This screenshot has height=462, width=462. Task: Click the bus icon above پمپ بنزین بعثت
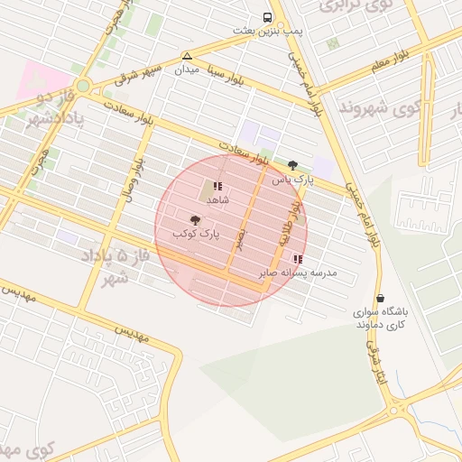[268, 17]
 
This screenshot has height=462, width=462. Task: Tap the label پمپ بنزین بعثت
[268, 31]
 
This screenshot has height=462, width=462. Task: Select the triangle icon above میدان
[187, 55]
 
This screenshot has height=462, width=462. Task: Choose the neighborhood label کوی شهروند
[381, 108]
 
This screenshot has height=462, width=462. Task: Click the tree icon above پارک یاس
[291, 165]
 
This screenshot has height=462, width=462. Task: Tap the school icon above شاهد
[217, 186]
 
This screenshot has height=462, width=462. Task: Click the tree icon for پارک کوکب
[195, 219]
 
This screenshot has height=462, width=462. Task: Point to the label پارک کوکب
[196, 234]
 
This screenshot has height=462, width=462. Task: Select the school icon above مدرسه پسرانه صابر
[298, 259]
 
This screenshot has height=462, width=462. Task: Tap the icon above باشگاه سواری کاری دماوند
[379, 298]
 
